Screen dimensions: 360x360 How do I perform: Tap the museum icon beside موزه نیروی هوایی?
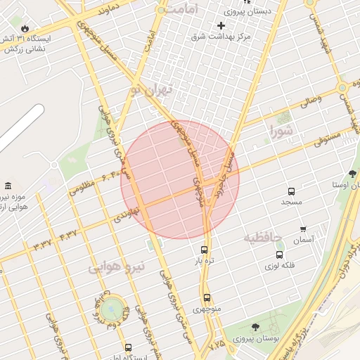[8, 186]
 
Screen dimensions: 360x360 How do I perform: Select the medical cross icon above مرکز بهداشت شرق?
[221, 25]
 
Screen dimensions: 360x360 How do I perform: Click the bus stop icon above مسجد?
[291, 191]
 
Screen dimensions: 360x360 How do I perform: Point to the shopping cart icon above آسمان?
[303, 229]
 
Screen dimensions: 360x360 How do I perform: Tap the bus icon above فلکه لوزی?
[280, 255]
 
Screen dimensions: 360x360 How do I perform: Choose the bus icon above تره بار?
[205, 249]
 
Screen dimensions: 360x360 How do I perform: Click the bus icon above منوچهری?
[207, 297]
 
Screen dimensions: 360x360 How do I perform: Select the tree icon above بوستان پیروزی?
[255, 327]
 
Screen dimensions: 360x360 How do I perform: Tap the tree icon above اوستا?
[352, 173]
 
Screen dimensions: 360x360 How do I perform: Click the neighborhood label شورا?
[280, 129]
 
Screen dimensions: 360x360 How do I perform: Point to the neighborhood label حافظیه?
[262, 238]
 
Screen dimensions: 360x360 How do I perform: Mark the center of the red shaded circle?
[180, 179]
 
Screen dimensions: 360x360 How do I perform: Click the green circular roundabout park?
[110, 308]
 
